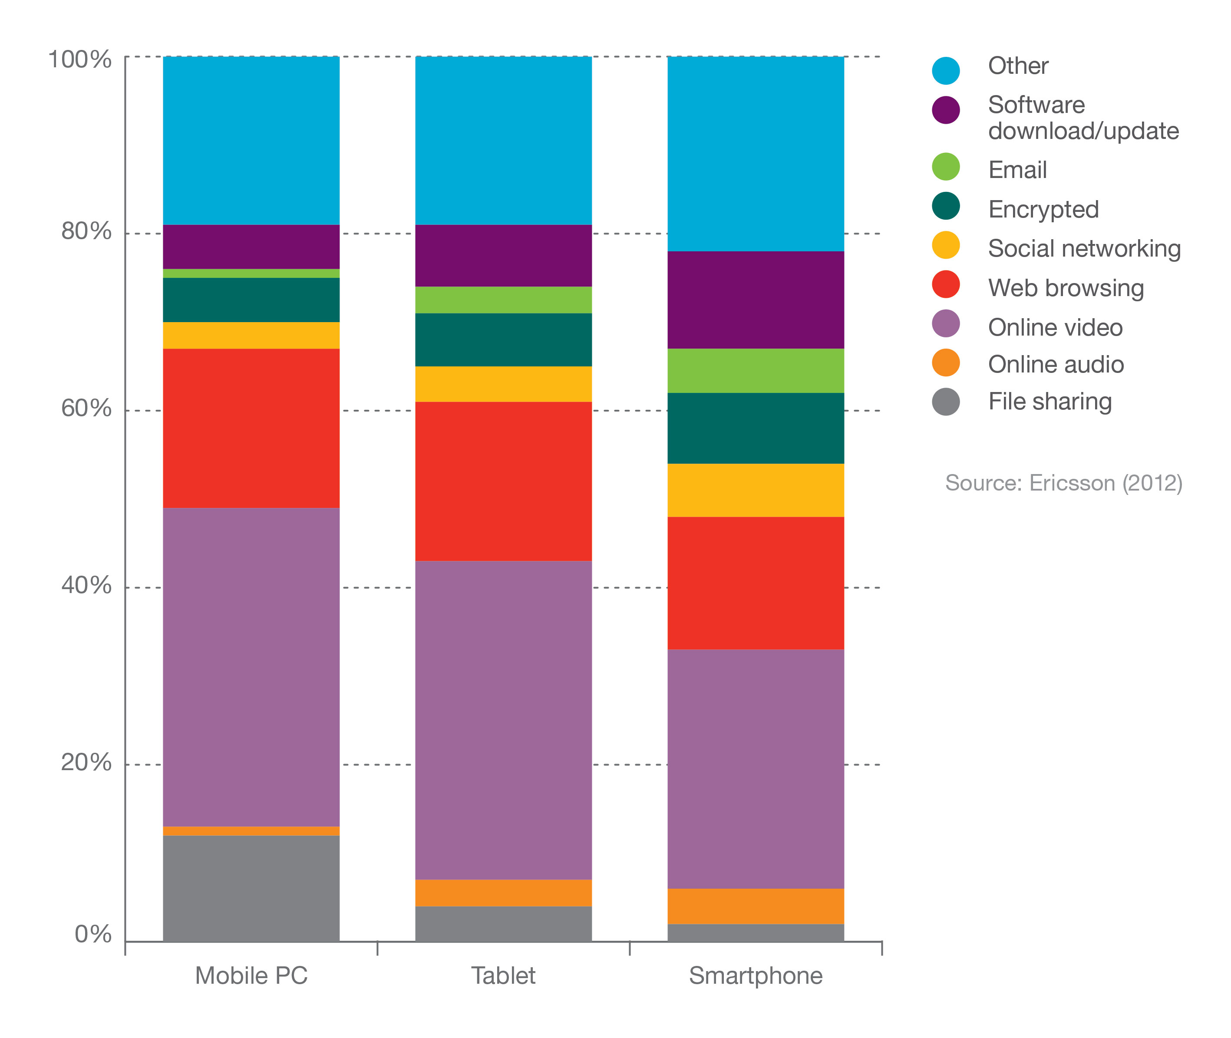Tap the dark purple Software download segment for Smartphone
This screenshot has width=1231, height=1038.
pyautogui.click(x=755, y=300)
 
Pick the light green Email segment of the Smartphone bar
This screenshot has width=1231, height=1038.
pyautogui.click(x=755, y=370)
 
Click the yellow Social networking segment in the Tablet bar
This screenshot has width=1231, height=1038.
pyautogui.click(x=503, y=384)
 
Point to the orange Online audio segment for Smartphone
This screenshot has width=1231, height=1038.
pyautogui.click(x=755, y=906)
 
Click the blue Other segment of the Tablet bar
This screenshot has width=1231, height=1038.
pyautogui.click(x=503, y=140)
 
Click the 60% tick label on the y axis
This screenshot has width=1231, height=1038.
pyautogui.click(x=86, y=409)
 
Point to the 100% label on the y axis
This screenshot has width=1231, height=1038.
pyautogui.click(x=79, y=59)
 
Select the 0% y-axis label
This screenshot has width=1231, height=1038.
pyautogui.click(x=93, y=934)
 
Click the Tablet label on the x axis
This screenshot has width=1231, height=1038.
pyautogui.click(x=503, y=975)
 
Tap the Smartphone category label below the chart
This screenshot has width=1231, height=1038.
pyautogui.click(x=755, y=975)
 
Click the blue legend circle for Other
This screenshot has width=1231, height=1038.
pyautogui.click(x=946, y=71)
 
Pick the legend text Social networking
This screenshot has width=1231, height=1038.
pyautogui.click(x=1084, y=248)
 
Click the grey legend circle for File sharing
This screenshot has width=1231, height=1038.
pyautogui.click(x=946, y=402)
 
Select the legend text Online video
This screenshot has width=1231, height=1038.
pyautogui.click(x=1055, y=327)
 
